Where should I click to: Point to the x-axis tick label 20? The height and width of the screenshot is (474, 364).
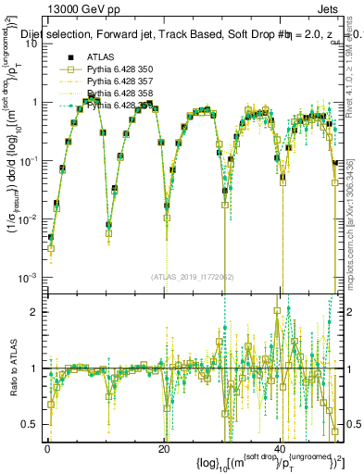[164, 449]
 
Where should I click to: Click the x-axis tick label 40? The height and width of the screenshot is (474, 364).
[281, 449]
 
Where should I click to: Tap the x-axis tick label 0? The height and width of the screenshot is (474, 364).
[47, 449]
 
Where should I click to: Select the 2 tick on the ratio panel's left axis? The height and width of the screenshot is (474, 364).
[37, 311]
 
